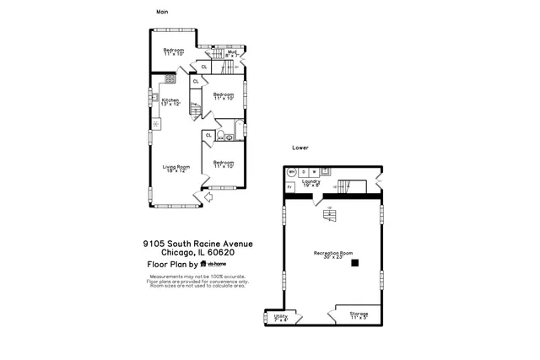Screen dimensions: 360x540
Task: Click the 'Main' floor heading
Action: (x=162, y=12)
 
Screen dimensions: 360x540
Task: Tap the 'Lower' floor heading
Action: (x=300, y=148)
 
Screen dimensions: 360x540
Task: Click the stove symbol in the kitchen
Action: (x=170, y=78)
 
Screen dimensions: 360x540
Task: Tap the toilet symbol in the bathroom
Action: (x=220, y=135)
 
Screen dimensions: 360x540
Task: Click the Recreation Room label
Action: (x=332, y=254)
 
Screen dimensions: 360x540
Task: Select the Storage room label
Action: (x=359, y=315)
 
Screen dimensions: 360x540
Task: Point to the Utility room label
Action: (x=281, y=317)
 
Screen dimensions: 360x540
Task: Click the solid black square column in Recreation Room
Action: (x=355, y=263)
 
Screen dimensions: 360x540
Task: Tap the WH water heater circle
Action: (x=292, y=172)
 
